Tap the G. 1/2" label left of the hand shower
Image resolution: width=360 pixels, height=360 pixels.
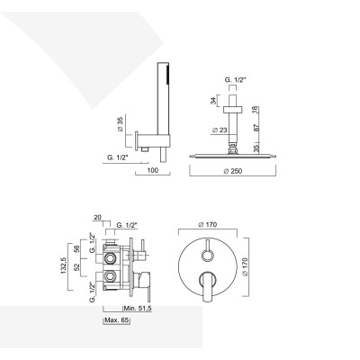point(117,157)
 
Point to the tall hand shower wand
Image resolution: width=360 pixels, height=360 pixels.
point(164,99)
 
